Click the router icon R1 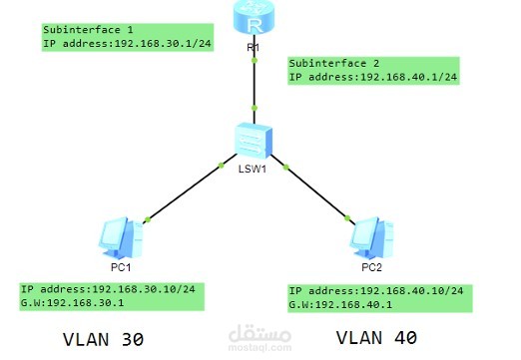[256, 17]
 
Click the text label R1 [256, 47]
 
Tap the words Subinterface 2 [334, 62]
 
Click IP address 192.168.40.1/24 [372, 77]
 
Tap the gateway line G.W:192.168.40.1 [349, 304]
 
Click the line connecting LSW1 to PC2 [316, 192]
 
